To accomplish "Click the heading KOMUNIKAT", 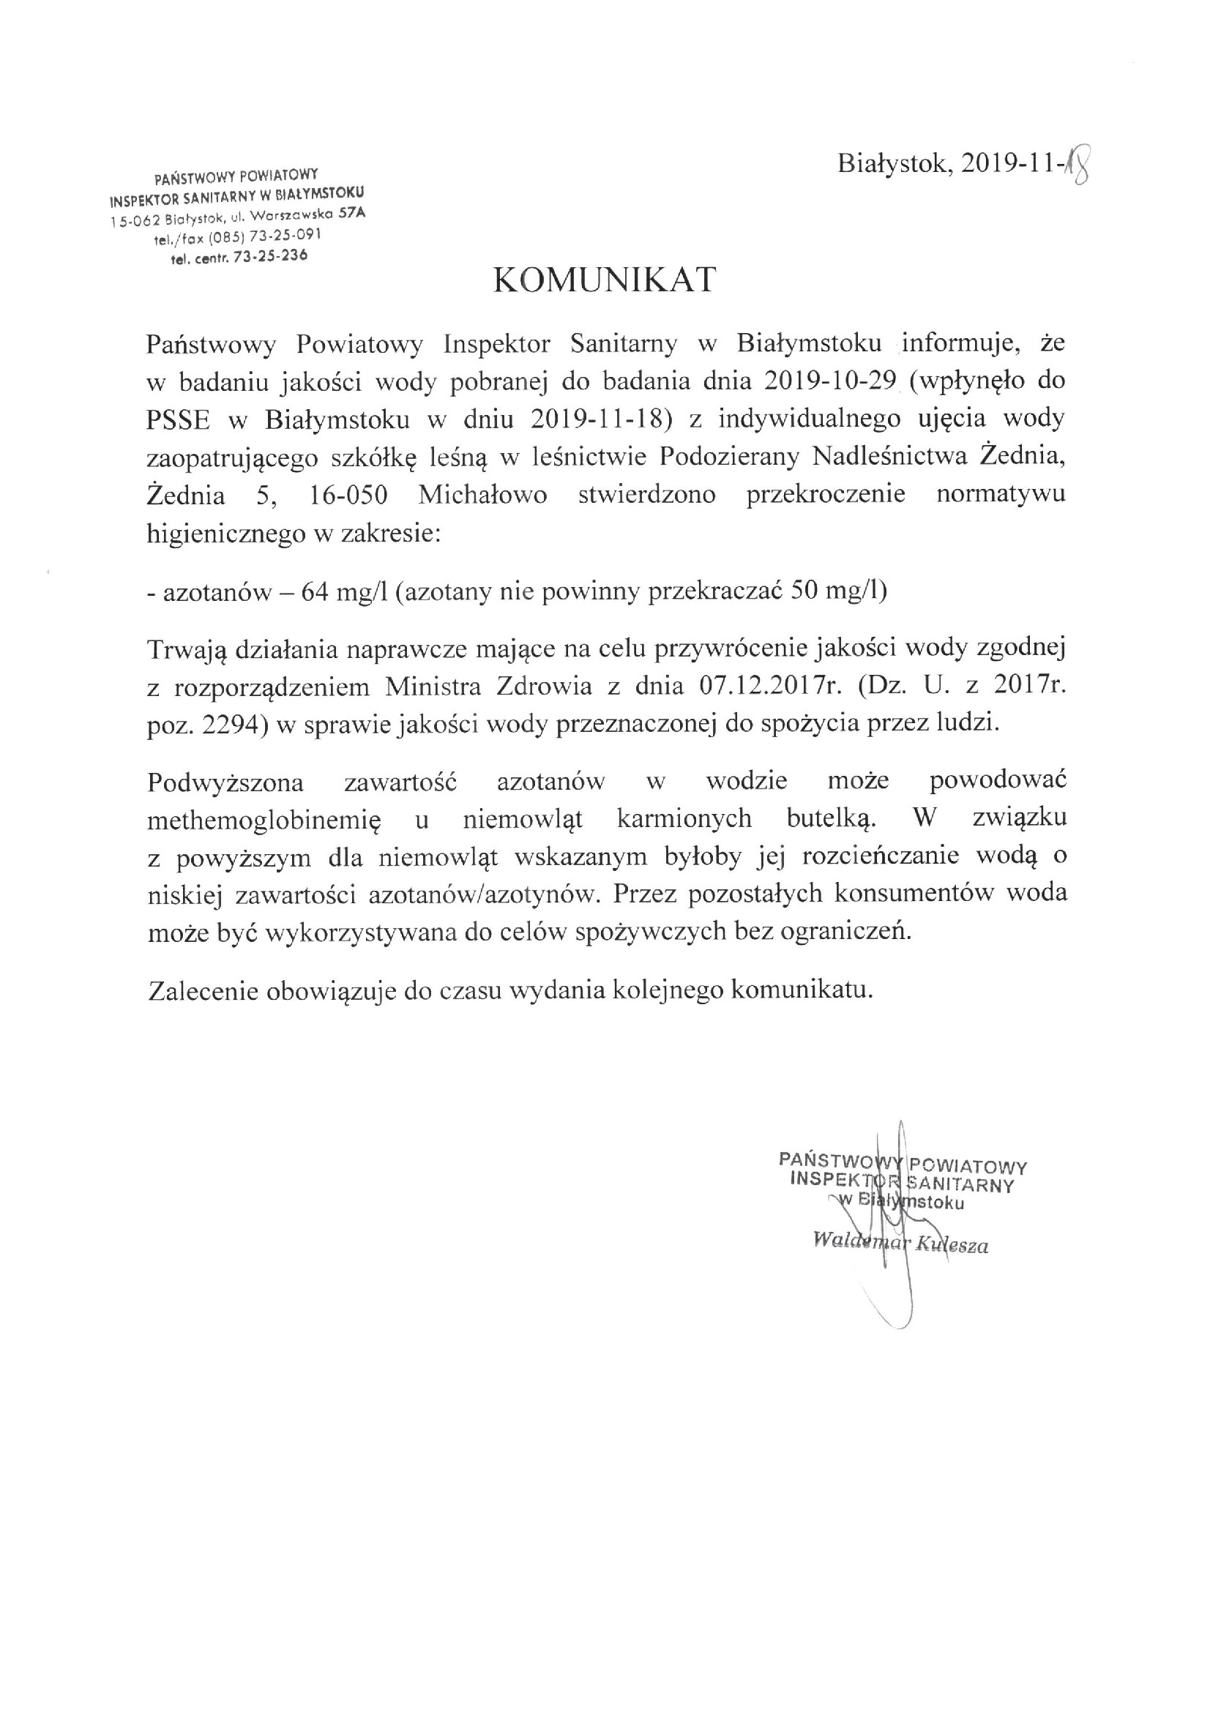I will (605, 280).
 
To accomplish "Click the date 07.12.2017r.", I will (770, 685).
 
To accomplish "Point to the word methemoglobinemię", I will (264, 821).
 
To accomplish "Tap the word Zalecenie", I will (202, 991).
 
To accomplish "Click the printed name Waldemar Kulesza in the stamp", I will (900, 1243).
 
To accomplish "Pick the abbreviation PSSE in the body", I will (178, 420).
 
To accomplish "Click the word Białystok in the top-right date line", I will (895, 163).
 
